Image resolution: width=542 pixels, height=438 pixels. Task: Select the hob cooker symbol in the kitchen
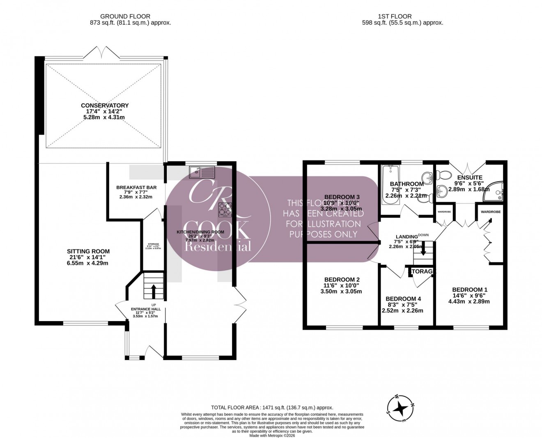[225, 209]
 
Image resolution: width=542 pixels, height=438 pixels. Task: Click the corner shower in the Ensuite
[494, 192]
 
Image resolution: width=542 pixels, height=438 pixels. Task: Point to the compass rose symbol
[400, 408]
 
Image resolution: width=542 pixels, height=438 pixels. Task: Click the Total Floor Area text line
[272, 408]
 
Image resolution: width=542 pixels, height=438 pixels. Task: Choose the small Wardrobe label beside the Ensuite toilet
[444, 212]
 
